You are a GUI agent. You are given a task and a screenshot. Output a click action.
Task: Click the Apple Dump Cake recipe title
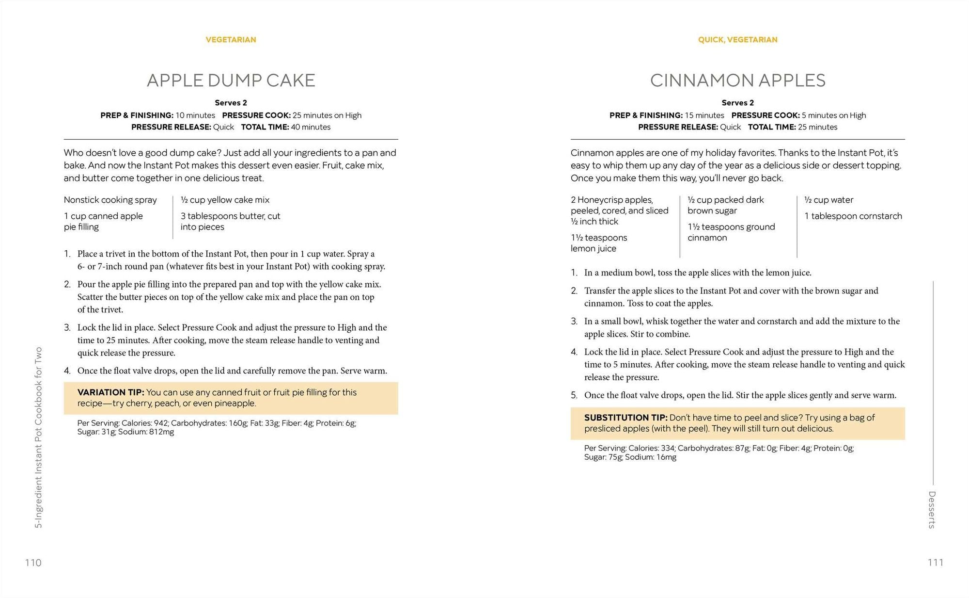[231, 81]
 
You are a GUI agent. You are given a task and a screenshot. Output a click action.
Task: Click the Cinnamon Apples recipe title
[737, 81]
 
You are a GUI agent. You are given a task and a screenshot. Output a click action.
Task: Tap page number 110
[33, 563]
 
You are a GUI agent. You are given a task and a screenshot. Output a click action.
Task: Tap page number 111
[935, 563]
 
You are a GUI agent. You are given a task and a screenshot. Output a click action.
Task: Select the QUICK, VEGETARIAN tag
[737, 40]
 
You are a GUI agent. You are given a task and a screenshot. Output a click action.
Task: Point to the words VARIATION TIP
[110, 392]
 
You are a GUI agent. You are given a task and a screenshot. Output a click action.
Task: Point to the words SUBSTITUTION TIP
[625, 418]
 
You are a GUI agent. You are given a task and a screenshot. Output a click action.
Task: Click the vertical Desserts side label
[932, 509]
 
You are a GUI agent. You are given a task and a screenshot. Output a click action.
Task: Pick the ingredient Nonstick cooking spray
[110, 200]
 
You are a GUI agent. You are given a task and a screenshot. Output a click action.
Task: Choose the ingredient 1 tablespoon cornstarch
[853, 216]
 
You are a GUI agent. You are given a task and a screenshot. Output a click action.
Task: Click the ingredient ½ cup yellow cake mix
[225, 200]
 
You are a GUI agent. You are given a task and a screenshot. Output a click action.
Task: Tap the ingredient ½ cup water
[828, 200]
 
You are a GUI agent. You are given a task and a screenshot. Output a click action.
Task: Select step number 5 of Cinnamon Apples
[574, 395]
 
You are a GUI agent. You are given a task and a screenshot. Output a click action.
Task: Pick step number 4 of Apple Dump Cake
[67, 371]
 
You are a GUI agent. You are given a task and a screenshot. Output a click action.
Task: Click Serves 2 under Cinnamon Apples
[737, 103]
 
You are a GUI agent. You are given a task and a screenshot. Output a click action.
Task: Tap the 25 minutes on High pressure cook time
[327, 115]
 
